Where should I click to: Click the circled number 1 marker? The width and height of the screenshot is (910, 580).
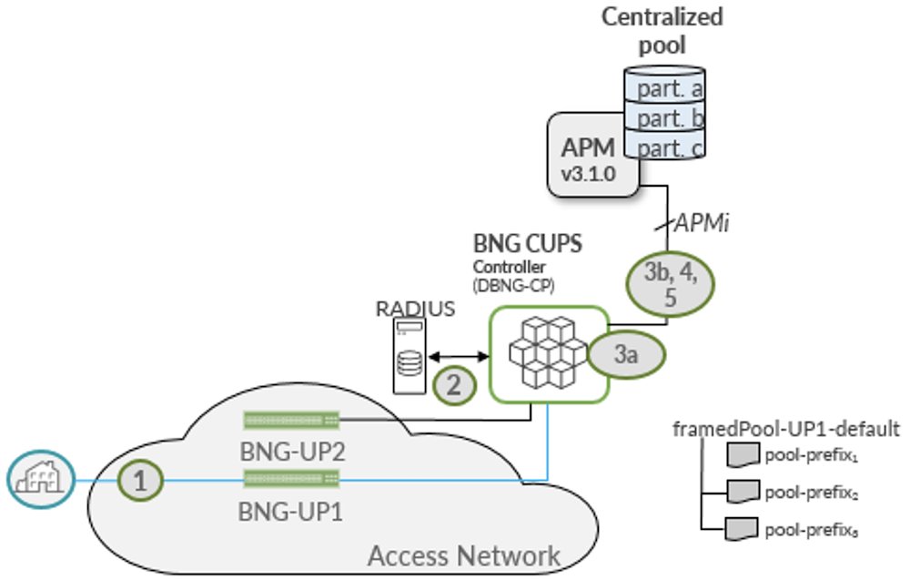(139, 481)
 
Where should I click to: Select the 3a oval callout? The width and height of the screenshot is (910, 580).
(624, 355)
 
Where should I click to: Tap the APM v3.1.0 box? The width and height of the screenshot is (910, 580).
(591, 155)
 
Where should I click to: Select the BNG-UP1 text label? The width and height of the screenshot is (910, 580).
(291, 512)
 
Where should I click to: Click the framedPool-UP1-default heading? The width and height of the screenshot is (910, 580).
(785, 428)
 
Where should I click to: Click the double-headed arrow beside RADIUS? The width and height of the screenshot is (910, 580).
(460, 356)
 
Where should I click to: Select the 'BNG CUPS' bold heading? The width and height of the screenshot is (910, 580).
(516, 244)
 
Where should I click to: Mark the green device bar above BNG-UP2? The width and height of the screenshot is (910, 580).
(291, 420)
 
